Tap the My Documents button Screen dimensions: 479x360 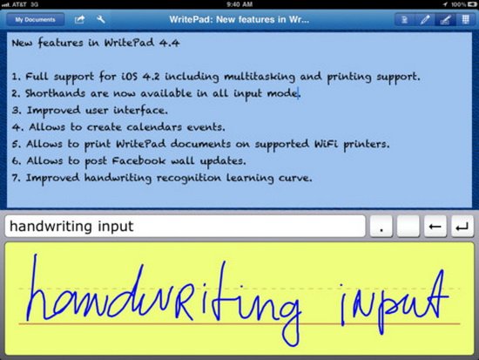tap(35, 19)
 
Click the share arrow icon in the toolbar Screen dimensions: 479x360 tap(79, 19)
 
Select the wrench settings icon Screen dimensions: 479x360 tap(100, 19)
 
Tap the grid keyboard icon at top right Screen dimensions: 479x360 tap(465, 19)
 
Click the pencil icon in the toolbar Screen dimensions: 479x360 tap(425, 20)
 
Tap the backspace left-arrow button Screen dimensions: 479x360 tap(435, 227)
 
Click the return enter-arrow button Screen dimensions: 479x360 tap(462, 227)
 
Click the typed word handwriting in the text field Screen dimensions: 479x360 tap(51, 227)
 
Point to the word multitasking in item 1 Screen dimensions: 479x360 tap(260, 77)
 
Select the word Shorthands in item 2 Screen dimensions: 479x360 tap(55, 93)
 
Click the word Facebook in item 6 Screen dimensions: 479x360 tap(138, 160)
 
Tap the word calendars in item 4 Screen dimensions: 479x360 tap(154, 126)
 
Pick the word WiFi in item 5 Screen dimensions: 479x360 tap(327, 144)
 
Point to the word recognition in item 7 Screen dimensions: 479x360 tap(189, 178)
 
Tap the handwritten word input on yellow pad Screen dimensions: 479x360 tap(394, 302)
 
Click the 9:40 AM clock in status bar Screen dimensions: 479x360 tap(239, 4)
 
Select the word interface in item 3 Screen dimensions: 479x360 tap(140, 110)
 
